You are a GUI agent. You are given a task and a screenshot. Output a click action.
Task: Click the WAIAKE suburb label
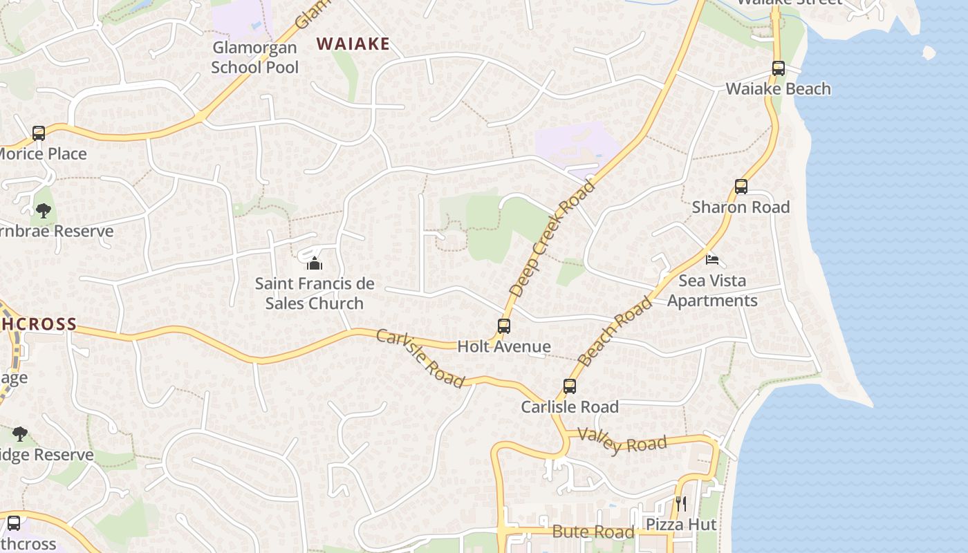[353, 44]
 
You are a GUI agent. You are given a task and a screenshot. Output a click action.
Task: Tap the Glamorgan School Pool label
[254, 57]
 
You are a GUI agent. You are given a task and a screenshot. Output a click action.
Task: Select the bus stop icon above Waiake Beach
[779, 68]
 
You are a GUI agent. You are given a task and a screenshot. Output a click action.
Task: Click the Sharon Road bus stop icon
[741, 186]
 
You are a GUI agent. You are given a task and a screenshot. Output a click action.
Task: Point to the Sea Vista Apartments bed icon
[712, 260]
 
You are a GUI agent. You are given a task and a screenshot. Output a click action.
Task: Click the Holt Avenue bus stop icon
[504, 326]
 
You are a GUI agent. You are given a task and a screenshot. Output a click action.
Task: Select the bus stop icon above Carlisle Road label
[570, 386]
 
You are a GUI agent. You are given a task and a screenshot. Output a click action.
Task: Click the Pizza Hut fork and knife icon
[681, 503]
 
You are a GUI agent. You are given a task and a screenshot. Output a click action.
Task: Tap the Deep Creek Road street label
[552, 238]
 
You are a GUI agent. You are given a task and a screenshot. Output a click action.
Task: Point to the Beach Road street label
[615, 331]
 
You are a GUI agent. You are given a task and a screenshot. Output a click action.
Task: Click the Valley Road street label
[622, 440]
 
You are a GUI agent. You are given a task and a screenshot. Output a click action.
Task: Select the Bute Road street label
[593, 532]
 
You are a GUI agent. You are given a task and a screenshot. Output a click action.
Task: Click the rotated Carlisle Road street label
[420, 358]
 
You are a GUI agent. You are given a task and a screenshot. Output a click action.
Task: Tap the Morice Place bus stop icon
[39, 133]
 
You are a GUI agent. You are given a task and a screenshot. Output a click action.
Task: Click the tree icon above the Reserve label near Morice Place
[44, 210]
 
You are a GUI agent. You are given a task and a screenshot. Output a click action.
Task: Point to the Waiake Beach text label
[778, 89]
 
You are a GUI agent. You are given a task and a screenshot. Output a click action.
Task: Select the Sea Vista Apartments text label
[712, 290]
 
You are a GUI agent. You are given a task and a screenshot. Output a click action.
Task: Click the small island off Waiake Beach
[929, 53]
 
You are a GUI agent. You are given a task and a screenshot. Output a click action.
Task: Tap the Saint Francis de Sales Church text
[315, 293]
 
